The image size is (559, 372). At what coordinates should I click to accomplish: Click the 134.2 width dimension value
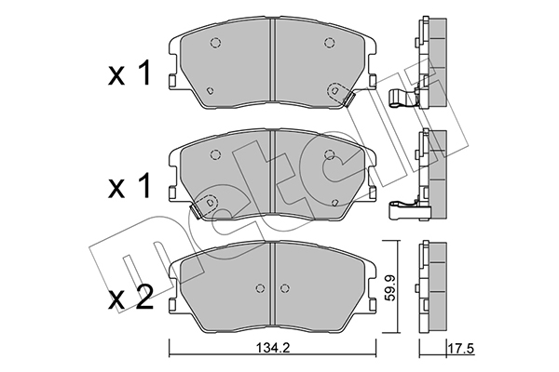pos(273,348)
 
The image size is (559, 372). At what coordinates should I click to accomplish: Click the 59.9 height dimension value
pos(390,287)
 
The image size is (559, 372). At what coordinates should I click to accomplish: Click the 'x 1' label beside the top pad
pos(130,73)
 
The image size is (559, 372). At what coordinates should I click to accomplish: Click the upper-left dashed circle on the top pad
pos(215,43)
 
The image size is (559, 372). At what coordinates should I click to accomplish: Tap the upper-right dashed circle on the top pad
pos(329,43)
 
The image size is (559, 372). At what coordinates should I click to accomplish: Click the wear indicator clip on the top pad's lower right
pos(348,99)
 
